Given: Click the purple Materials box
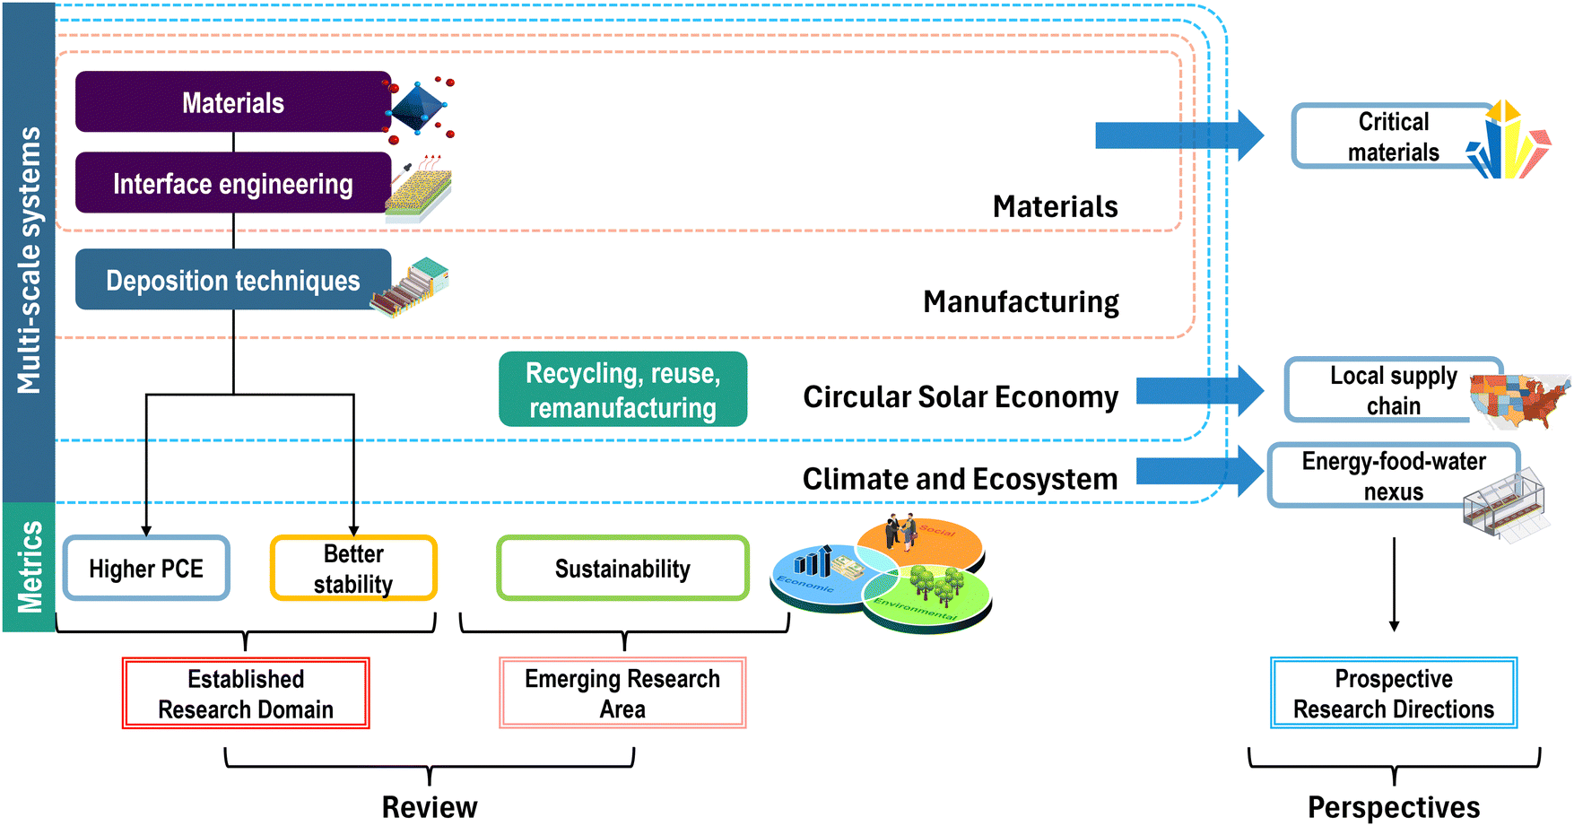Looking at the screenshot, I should point(232,102).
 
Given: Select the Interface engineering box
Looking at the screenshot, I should point(232,183).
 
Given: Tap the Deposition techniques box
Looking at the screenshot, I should point(232,280).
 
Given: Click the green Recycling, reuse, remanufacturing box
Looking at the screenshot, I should point(622,389).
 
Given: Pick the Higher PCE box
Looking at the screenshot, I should point(146,569).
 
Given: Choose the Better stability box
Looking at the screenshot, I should point(353,569).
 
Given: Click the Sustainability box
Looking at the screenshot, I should point(622,569).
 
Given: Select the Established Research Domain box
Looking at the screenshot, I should point(246,693).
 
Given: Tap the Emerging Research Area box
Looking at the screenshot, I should point(622,693).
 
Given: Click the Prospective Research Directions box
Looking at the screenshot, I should point(1393,693).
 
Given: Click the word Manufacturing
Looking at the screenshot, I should point(1021,302).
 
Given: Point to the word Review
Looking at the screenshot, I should point(430,806).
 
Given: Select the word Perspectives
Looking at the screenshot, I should point(1393,806).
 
